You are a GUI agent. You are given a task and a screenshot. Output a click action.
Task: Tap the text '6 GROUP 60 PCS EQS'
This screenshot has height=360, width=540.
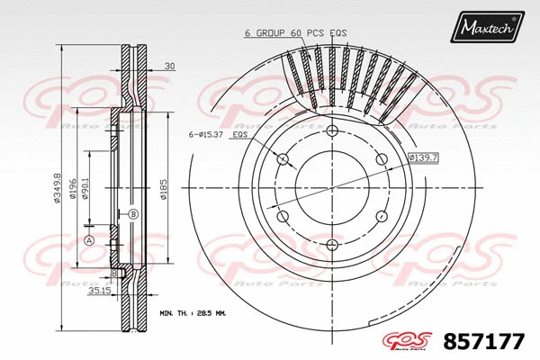point(295,32)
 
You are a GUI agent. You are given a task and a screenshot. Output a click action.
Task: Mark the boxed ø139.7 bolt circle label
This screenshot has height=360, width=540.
point(422,157)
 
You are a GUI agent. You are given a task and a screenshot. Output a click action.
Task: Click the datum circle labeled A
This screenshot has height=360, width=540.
point(89,239)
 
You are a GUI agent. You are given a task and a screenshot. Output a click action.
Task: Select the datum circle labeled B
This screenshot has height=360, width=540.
point(132,214)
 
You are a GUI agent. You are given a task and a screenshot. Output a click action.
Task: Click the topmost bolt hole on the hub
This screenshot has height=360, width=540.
point(331,132)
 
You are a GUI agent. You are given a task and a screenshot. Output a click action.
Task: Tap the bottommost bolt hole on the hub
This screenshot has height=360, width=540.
point(331,244)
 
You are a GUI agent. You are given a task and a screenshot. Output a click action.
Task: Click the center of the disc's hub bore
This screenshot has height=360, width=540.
point(331,188)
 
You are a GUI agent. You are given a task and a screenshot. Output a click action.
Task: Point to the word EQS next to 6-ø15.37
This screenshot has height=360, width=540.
point(240,135)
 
